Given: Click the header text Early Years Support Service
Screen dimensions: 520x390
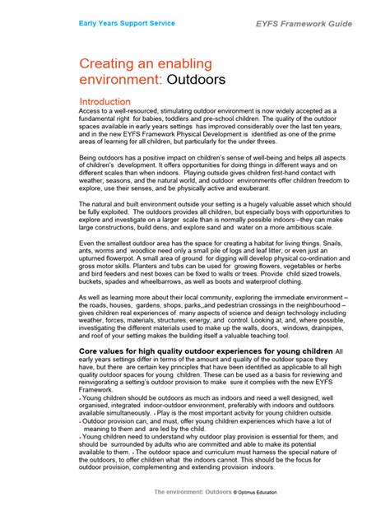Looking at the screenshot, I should point(126,23).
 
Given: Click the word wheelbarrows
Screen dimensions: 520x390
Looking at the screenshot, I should point(164,292).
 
